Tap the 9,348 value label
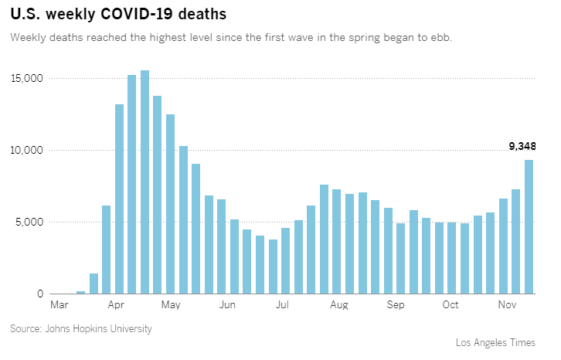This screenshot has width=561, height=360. [522, 146]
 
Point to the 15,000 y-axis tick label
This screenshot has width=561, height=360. [27, 79]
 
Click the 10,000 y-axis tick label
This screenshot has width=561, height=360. [27, 150]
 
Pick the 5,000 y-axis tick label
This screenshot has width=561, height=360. [30, 222]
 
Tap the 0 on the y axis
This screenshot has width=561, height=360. [39, 294]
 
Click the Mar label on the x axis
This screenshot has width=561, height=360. [59, 305]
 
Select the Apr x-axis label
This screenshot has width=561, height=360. [117, 305]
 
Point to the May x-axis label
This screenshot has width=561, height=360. [171, 305]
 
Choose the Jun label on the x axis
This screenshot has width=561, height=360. [227, 305]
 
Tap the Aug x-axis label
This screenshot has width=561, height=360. [338, 305]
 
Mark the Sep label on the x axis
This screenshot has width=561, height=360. [396, 305]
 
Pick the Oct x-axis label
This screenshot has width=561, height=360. [450, 305]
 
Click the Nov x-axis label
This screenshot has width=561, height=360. [507, 305]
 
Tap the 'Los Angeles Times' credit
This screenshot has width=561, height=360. [501, 343]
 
